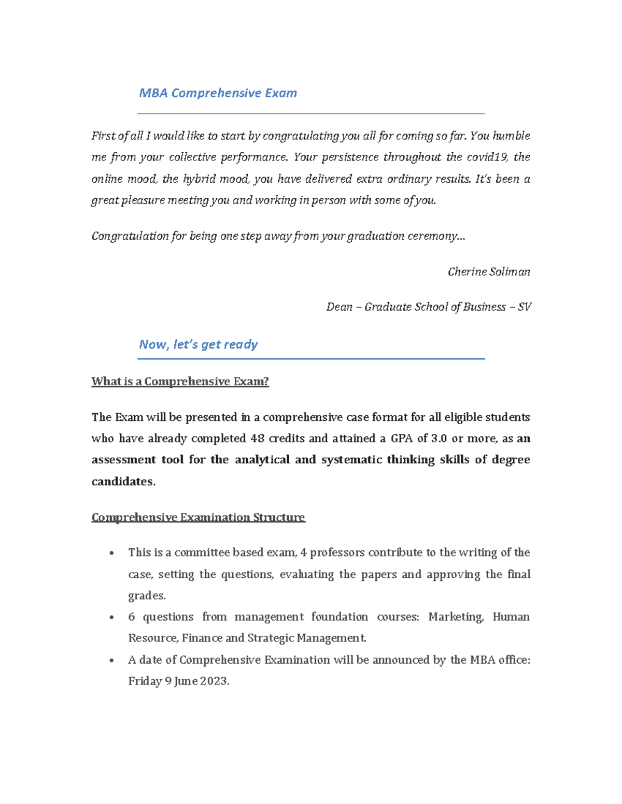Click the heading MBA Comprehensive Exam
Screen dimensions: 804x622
tap(218, 93)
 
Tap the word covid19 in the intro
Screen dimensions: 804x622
tap(487, 157)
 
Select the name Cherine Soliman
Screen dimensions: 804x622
tap(489, 272)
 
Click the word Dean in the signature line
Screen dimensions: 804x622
tap(339, 307)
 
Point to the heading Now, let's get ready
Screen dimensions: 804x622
tap(198, 345)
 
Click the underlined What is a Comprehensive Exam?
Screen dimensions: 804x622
tap(180, 382)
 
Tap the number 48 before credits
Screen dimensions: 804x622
tap(257, 438)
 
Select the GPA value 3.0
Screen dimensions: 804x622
tap(439, 438)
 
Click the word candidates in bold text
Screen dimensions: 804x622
tap(123, 481)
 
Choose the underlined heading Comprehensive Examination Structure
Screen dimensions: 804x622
tap(198, 517)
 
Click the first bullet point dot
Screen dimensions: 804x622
tap(111, 553)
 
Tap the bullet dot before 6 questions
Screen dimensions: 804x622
tap(111, 617)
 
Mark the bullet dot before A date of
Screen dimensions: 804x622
tap(111, 660)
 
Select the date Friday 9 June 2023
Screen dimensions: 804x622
tap(178, 681)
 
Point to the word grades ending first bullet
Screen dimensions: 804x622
tap(146, 596)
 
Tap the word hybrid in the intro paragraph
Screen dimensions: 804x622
tap(199, 179)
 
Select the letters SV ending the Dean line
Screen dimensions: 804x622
tap(524, 307)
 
